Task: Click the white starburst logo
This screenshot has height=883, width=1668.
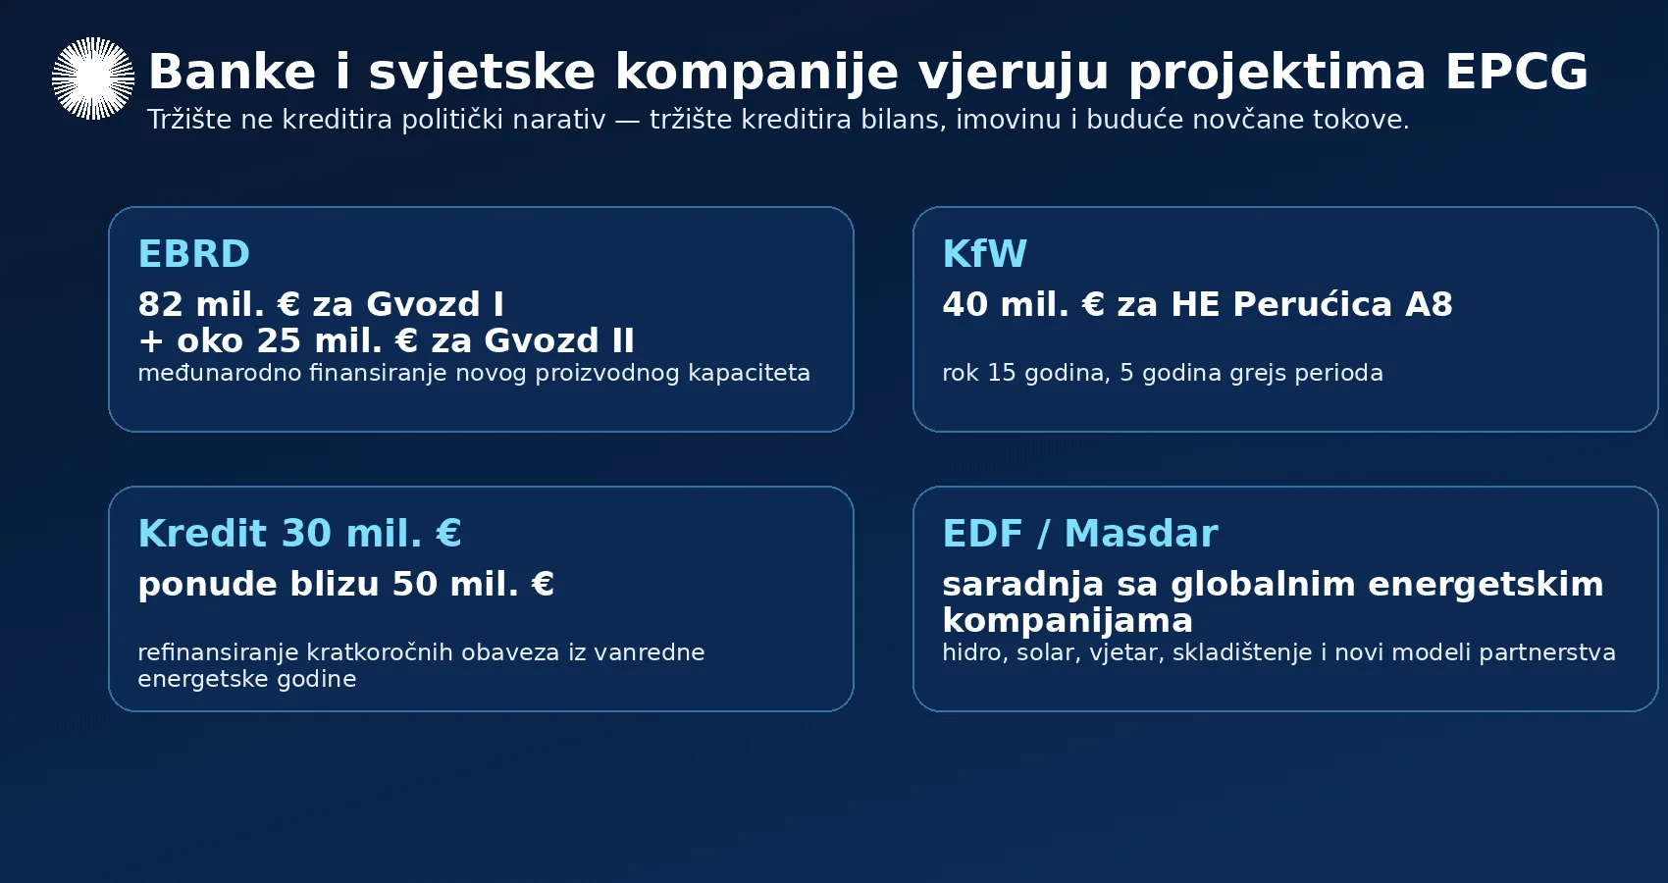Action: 93,78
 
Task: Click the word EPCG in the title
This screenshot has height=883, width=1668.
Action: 1517,73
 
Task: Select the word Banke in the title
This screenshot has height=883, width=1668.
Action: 233,73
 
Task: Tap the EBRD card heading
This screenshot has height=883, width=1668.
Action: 193,254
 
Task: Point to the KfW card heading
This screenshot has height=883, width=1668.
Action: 984,254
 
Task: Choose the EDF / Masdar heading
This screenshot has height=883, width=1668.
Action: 1080,534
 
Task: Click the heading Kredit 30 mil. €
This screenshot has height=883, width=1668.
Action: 300,534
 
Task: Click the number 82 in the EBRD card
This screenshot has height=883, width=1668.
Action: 160,304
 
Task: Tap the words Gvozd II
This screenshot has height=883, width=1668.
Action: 559,341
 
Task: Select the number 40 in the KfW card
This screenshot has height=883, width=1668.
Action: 965,304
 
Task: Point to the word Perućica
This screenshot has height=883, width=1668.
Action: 1312,304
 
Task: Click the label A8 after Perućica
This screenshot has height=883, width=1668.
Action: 1429,304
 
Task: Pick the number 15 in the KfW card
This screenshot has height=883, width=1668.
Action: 1002,373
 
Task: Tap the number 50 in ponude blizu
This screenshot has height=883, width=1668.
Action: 415,585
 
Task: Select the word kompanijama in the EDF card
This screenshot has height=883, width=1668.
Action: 1068,621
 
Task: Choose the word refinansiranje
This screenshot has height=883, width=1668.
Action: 218,653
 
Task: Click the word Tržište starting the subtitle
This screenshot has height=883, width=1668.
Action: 190,120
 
